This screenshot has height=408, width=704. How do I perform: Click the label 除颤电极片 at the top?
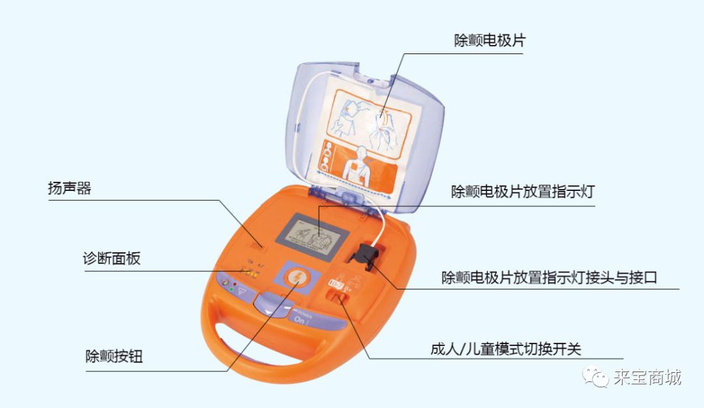pyautogui.click(x=490, y=40)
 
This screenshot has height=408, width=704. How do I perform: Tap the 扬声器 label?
pyautogui.click(x=69, y=189)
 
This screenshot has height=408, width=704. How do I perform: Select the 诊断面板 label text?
pyautogui.click(x=111, y=258)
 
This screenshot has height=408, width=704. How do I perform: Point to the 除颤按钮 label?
pyautogui.click(x=114, y=357)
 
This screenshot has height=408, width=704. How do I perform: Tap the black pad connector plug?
pyautogui.click(x=366, y=256)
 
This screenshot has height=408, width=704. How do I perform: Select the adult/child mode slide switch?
pyautogui.click(x=337, y=297)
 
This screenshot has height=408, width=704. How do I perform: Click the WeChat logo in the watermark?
pyautogui.click(x=596, y=376)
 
